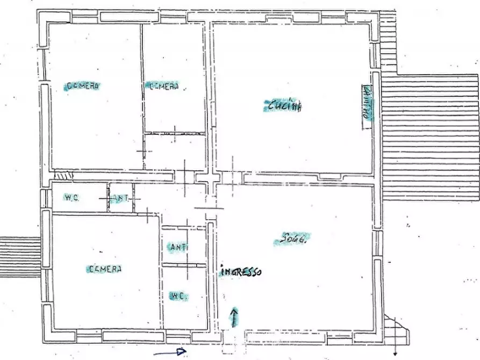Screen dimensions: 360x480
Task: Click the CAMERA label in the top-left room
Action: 84,86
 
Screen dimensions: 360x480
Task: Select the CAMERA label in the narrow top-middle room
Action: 164,87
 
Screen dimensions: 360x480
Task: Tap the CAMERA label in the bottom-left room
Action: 105,269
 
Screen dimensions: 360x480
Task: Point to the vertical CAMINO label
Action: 367,103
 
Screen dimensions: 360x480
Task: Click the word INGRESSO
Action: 241,272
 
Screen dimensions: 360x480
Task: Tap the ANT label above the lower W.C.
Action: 178,248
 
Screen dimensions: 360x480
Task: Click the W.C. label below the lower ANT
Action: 178,296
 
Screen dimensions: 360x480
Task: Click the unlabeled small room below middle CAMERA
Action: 175,152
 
